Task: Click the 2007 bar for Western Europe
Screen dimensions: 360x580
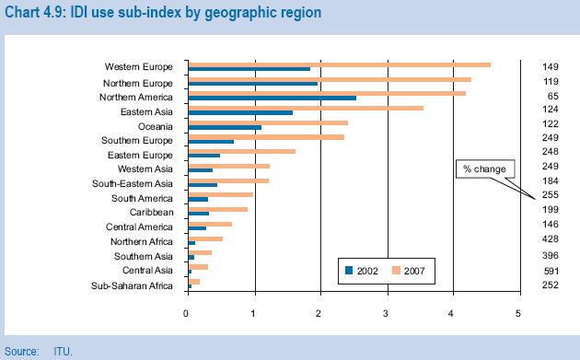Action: [339, 64]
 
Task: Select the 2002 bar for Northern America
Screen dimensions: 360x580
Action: [271, 98]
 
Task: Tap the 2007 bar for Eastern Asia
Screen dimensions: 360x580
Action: [305, 108]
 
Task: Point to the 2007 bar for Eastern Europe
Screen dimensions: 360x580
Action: [241, 151]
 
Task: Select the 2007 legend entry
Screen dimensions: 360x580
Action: [411, 271]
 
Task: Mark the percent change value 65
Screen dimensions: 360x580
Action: [552, 96]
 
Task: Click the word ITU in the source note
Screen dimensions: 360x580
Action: [63, 351]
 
